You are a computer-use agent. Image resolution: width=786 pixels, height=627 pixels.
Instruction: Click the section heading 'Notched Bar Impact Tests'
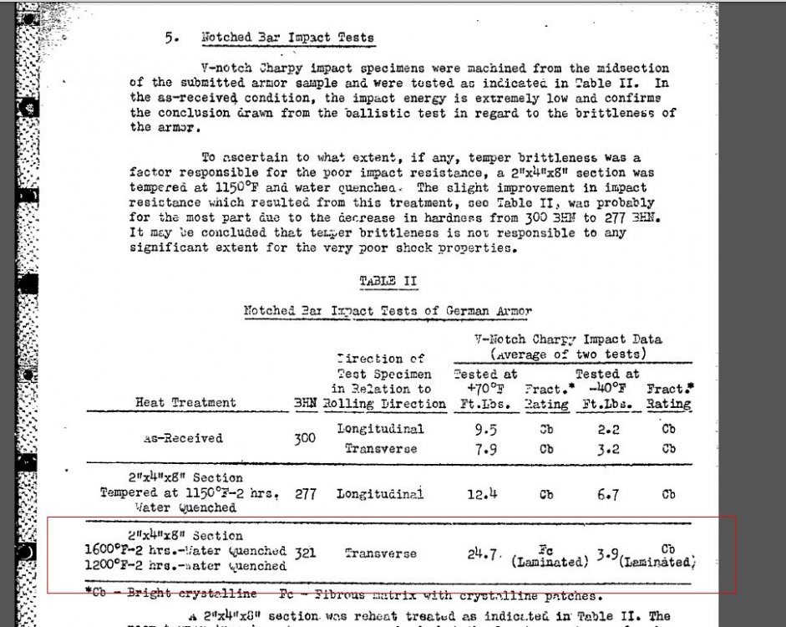[x=287, y=38]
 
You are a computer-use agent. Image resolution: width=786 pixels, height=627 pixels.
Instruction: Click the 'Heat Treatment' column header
[x=185, y=403]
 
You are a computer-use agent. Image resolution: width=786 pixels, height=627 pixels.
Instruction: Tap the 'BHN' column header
[x=306, y=403]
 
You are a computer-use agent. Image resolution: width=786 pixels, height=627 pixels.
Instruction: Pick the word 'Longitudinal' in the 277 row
[x=380, y=493]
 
